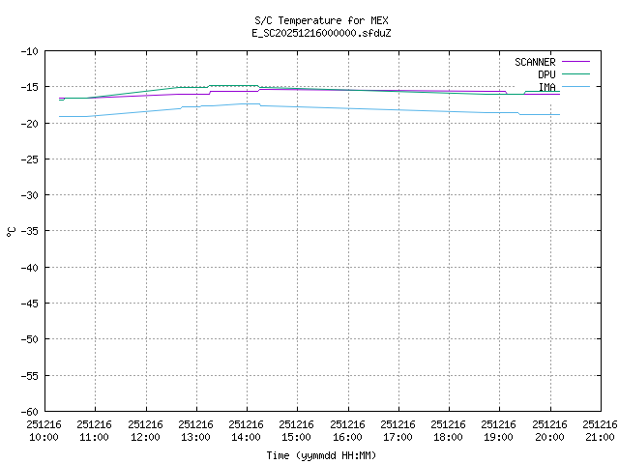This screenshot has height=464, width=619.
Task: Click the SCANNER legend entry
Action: click(534, 62)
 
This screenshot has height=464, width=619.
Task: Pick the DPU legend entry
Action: click(546, 74)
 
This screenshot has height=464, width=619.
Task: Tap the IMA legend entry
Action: click(546, 87)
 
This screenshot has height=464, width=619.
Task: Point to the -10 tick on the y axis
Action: click(28, 51)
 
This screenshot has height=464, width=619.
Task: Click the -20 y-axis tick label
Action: click(28, 123)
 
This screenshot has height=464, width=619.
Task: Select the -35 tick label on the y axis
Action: click(28, 231)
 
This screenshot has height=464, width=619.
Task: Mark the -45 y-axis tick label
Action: click(28, 304)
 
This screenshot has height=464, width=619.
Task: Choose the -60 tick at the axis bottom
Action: click(28, 411)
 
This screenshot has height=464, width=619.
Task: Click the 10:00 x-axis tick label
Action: click(44, 430)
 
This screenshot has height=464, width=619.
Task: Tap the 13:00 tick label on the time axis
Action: click(196, 430)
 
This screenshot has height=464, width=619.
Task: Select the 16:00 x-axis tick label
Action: click(348, 430)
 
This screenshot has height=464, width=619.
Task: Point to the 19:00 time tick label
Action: click(500, 430)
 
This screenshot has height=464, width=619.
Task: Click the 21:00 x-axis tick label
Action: click(601, 430)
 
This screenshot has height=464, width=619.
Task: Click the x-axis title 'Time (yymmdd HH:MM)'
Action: click(321, 455)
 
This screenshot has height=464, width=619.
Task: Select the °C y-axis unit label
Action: click(12, 231)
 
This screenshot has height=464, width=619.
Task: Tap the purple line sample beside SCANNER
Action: click(575, 62)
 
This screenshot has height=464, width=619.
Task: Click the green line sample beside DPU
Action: click(575, 74)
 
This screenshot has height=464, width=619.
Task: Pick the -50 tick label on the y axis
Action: click(28, 339)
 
